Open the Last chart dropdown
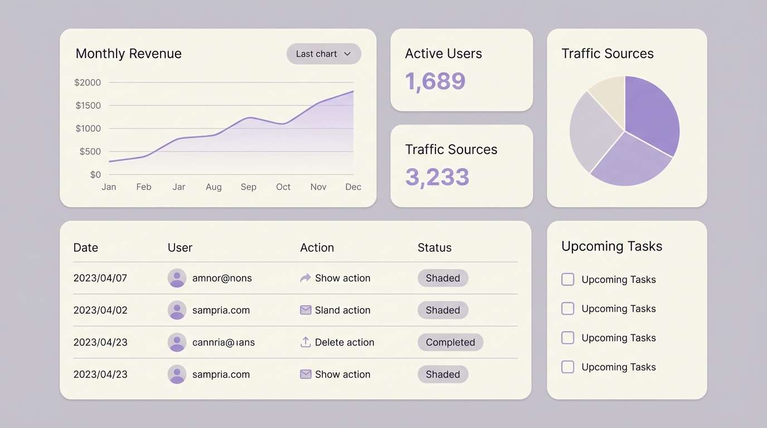[324, 54]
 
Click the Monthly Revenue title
[129, 53]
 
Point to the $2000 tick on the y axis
[88, 82]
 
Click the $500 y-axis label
[90, 152]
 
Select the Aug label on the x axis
[213, 187]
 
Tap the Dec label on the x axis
[353, 187]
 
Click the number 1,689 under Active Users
[435, 81]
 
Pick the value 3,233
[437, 177]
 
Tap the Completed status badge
[450, 342]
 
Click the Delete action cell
[337, 342]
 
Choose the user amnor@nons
[222, 278]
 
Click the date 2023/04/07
[100, 278]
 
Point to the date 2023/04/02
[100, 310]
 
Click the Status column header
[435, 248]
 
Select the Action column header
[317, 248]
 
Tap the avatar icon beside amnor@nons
[177, 278]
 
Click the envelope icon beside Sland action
[305, 310]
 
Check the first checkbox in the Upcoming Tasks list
[567, 279]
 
